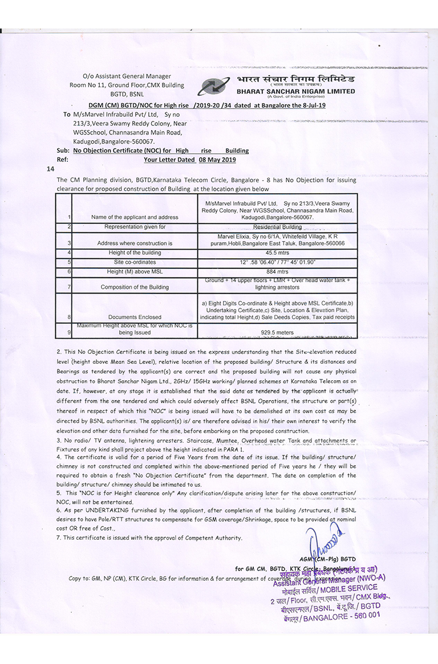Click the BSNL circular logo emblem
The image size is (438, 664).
coord(215,86)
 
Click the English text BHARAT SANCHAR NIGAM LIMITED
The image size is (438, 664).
coord(295,91)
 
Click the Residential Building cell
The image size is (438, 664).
coord(278,227)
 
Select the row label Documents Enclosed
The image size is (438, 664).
coord(135,317)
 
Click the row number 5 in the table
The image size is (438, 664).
coord(69,262)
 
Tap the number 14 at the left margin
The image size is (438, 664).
coord(50,169)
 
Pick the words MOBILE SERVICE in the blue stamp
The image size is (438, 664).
coord(348,589)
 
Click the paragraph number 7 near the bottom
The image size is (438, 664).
coord(59,537)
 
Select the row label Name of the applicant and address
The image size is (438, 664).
coord(135,217)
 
